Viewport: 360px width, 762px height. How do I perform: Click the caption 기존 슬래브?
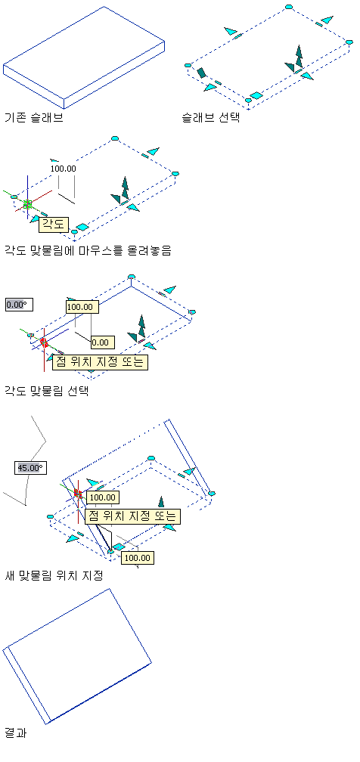click(33, 118)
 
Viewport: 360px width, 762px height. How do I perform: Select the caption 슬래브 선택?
click(211, 118)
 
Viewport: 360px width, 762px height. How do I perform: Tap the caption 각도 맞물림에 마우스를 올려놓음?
click(88, 251)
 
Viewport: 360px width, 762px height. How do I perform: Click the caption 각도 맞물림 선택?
click(46, 392)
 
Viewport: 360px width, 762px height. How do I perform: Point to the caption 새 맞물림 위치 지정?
click(54, 576)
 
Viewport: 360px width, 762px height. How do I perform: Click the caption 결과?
click(15, 733)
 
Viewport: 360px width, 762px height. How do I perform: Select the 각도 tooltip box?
click(54, 225)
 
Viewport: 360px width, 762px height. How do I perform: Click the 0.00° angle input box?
click(16, 305)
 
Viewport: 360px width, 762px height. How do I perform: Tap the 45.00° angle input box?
click(31, 468)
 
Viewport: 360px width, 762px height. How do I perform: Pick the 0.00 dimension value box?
click(103, 342)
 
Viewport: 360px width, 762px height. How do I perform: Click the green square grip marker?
click(28, 205)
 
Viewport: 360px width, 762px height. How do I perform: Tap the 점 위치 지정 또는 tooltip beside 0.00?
click(99, 362)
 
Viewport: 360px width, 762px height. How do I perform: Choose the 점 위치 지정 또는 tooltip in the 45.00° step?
click(133, 516)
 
